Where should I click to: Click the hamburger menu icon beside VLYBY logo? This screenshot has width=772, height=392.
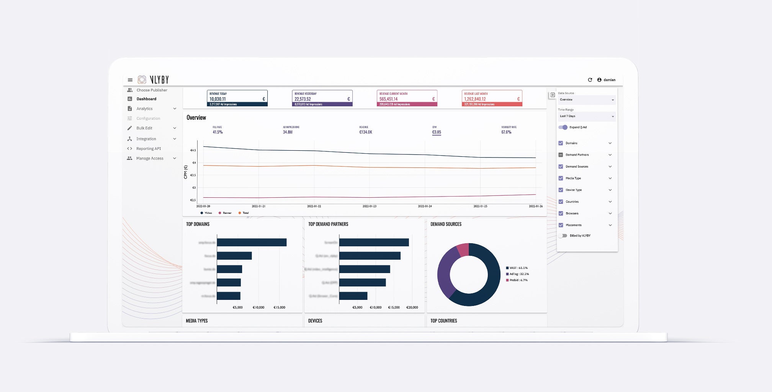130,80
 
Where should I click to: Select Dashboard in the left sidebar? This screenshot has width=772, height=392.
146,99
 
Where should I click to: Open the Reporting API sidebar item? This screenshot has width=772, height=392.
149,149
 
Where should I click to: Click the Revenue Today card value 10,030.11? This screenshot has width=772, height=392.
218,99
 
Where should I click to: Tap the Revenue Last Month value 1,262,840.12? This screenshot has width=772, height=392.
475,99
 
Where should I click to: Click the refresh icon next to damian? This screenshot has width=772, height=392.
590,80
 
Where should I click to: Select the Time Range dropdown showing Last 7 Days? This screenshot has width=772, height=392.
586,116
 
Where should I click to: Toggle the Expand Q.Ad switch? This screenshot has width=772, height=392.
563,127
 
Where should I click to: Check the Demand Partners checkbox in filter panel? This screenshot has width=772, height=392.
561,155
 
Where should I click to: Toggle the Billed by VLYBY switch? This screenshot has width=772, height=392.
563,236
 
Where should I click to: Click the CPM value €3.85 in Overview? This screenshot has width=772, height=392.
437,132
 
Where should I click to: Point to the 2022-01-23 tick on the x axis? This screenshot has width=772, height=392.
370,206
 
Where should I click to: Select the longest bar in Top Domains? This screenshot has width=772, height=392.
252,242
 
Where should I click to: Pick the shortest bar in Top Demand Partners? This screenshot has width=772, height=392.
353,296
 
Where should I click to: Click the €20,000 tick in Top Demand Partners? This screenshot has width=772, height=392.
412,307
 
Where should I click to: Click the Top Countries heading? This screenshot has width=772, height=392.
443,321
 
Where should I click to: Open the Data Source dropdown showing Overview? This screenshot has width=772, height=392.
586,100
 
